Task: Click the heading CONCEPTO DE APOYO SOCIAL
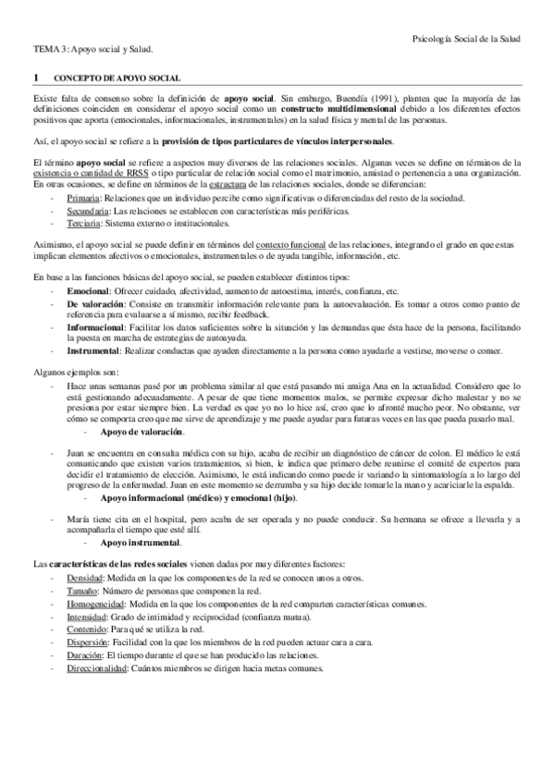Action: point(117,80)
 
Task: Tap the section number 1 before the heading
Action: point(35,80)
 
